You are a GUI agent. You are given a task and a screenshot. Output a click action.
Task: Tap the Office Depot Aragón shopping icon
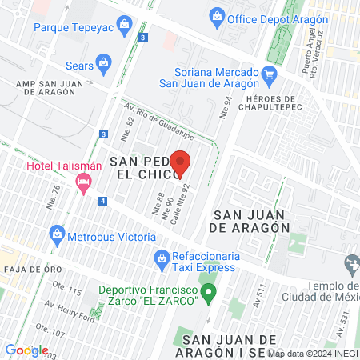click(216, 15)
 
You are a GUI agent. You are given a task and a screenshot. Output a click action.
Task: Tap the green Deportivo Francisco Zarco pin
click(208, 294)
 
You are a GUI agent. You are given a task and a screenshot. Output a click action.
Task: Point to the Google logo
click(26, 350)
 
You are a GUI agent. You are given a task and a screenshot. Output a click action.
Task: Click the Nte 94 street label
click(226, 107)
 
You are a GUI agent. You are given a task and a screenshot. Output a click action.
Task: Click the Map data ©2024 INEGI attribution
click(312, 353)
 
